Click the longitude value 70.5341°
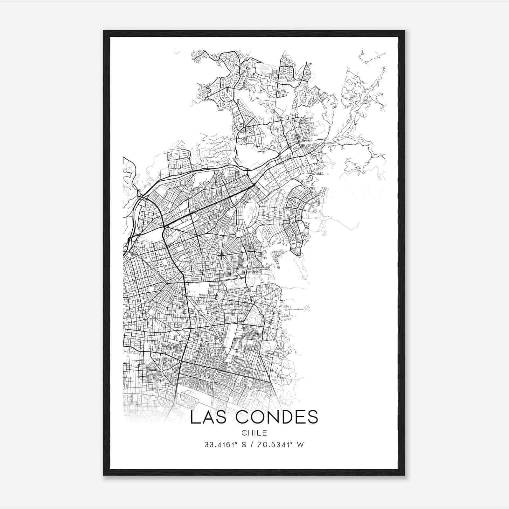tap(275, 445)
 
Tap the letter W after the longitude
tap(300, 445)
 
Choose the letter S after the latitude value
tap(244, 445)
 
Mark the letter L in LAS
tap(194, 417)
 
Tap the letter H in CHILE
tap(250, 433)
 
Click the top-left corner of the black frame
tap(104, 31)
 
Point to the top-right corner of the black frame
tap(404, 31)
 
